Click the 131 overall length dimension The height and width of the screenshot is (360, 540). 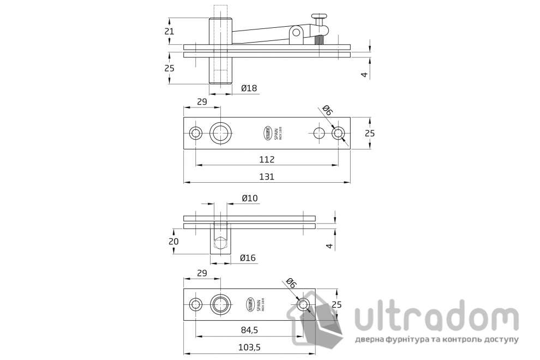coord(266,176)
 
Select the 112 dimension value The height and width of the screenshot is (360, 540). coord(266,159)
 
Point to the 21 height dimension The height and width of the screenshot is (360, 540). coord(169,31)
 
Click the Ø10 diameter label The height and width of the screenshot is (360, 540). coord(249,198)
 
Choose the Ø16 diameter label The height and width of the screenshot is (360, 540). coord(248,258)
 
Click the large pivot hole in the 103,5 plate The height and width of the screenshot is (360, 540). coord(221,304)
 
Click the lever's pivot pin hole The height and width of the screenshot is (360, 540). coord(296,33)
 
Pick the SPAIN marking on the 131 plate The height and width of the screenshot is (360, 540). coord(277,133)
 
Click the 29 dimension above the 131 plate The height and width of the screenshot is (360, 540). coord(201,102)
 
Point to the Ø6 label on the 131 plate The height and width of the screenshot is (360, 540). coord(327,110)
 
